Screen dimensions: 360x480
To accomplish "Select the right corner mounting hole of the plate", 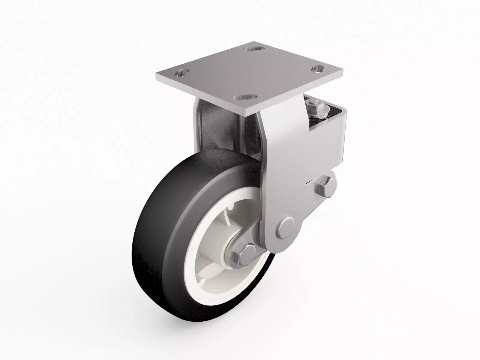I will (x=319, y=69).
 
